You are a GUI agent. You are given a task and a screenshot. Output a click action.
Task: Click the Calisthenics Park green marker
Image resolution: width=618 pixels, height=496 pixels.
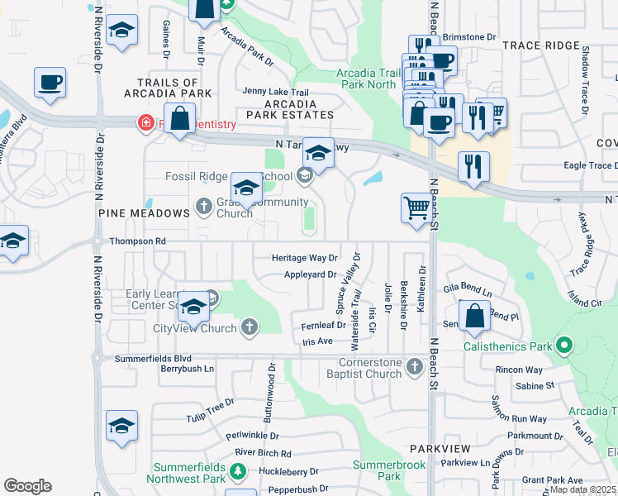pos(565,345)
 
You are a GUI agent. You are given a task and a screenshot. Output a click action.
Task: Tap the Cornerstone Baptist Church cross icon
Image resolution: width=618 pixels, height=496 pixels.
pos(412,365)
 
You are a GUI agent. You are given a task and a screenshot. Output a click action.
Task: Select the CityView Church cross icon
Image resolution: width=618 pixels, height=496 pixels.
pos(250,328)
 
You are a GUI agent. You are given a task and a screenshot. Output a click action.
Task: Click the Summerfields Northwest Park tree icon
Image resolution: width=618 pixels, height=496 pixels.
pos(238,470)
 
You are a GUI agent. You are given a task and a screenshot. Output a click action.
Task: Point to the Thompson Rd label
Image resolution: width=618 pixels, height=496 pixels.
pos(138,241)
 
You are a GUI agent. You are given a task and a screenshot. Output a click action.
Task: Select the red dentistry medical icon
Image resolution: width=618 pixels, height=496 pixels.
pos(145,123)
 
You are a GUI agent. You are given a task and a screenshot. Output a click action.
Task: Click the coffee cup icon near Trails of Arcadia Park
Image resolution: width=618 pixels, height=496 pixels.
pos(50,83)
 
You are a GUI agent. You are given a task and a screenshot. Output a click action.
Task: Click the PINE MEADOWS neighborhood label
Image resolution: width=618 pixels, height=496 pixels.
pos(145,213)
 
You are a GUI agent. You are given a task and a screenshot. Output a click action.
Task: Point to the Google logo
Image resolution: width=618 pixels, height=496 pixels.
pos(27,485)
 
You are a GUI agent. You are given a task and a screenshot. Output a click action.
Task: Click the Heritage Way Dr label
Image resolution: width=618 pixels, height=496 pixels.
pos(305,258)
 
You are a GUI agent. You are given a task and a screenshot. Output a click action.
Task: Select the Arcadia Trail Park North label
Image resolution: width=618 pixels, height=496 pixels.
pos(366,79)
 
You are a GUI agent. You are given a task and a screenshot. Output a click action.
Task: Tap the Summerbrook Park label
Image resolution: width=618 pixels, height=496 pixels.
pos(389,470)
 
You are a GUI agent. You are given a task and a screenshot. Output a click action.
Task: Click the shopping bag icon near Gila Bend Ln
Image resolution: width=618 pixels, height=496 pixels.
pos(474,317)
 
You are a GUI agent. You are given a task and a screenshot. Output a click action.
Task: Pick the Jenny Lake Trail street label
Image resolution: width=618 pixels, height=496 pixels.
pos(275,92)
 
